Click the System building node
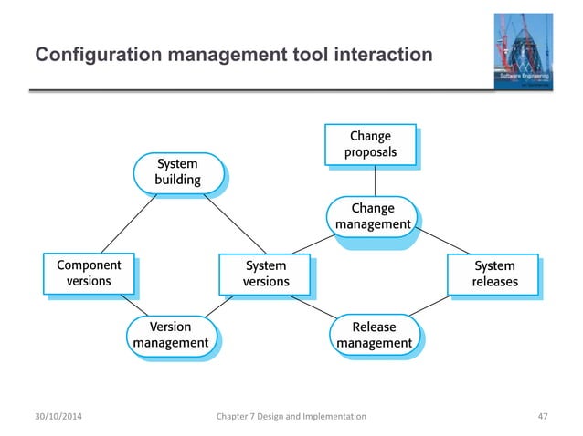pyautogui.click(x=177, y=171)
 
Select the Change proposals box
pyautogui.click(x=370, y=144)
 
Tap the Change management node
pyautogui.click(x=373, y=215)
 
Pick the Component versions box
pyautogui.click(x=89, y=274)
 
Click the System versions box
pyautogui.click(x=265, y=274)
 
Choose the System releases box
pyautogui.click(x=493, y=274)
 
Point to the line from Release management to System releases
pyautogui.click(x=434, y=306)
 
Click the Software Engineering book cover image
pyautogui.click(x=523, y=51)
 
